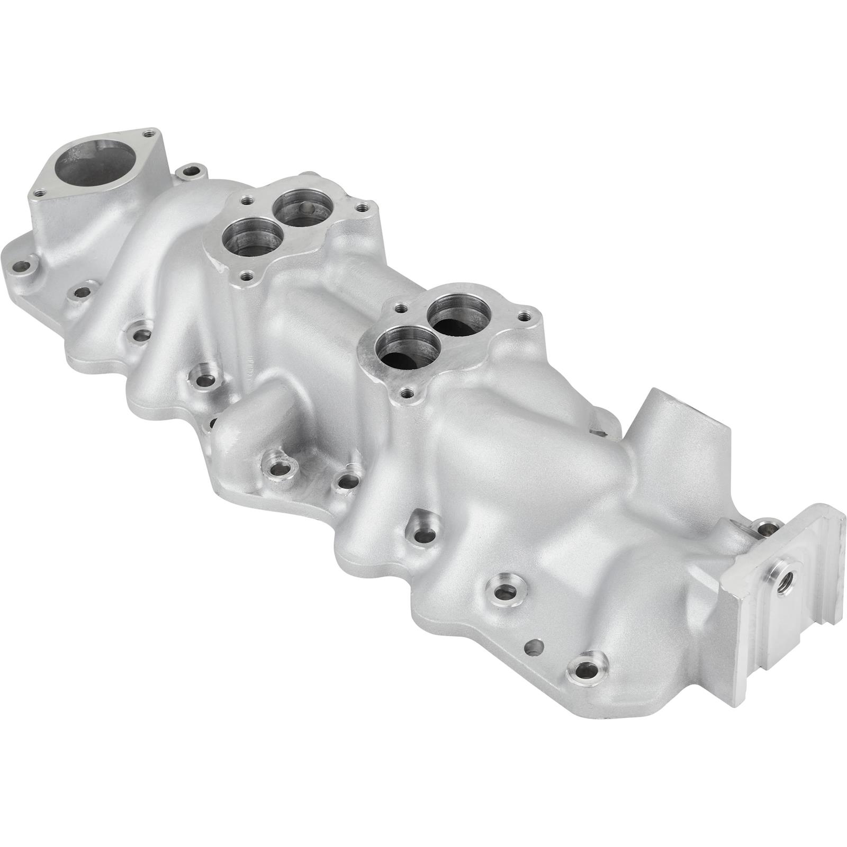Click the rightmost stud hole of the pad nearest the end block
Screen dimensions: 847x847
524,317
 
